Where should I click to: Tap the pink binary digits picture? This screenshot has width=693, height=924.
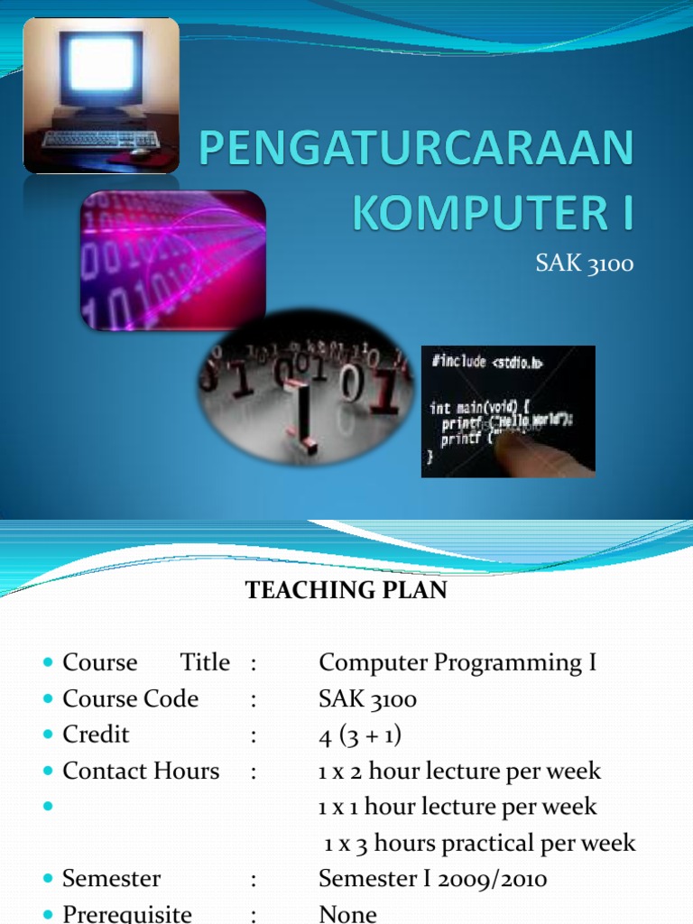[x=173, y=260]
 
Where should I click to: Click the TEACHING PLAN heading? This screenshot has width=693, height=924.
[x=346, y=591]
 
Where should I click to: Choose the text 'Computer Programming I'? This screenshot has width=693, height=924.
[x=457, y=663]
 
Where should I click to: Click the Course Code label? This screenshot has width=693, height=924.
[x=130, y=699]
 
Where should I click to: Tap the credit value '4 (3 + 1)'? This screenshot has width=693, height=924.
[x=360, y=735]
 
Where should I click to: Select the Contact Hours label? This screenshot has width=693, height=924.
[x=140, y=772]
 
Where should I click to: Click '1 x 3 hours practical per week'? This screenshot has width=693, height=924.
[x=480, y=844]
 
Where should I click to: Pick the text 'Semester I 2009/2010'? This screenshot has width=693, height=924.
[x=432, y=879]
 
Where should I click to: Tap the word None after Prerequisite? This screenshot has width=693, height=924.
[x=347, y=913]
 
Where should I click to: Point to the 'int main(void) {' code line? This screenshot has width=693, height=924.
[x=487, y=408]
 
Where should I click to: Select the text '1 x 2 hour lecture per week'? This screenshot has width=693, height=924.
[x=459, y=772]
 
